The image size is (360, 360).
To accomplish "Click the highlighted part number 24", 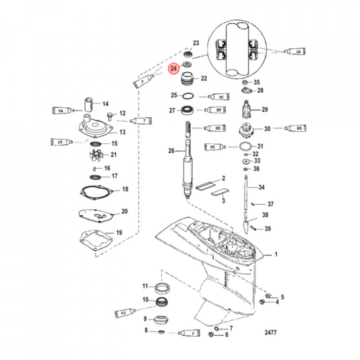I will (173, 68).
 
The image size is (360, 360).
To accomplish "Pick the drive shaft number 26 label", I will (171, 150).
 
